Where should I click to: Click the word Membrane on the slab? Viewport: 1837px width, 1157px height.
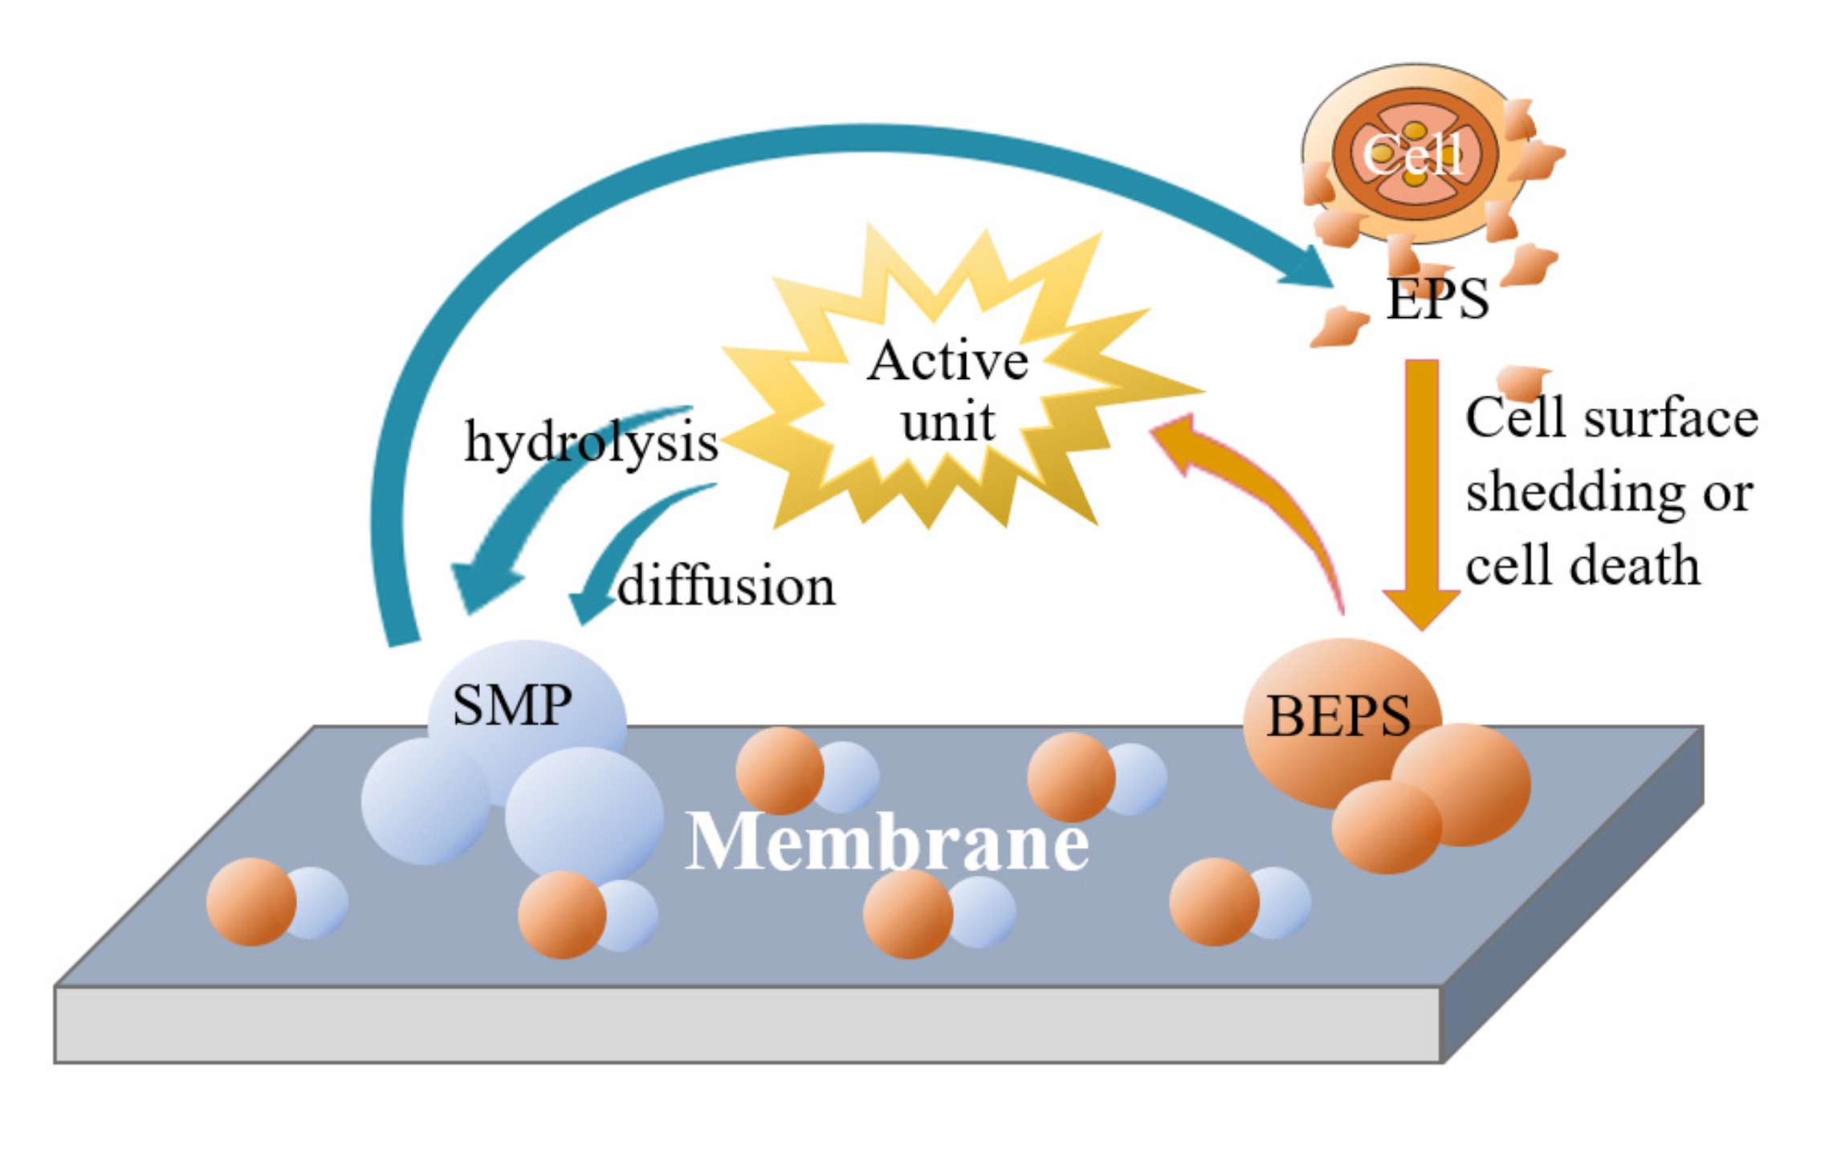[x=886, y=842]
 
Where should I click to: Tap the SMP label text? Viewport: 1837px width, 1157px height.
[x=512, y=705]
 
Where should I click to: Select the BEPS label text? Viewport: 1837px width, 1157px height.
[x=1338, y=715]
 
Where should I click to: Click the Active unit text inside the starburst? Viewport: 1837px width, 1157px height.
[x=947, y=391]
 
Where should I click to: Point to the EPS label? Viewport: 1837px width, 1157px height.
[x=1437, y=299]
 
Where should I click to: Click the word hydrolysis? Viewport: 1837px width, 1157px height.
[x=591, y=442]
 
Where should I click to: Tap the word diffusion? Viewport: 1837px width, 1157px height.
[x=727, y=585]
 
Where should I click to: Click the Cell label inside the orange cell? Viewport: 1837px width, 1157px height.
[x=1413, y=153]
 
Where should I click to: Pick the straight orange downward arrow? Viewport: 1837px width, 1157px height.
[x=1421, y=482]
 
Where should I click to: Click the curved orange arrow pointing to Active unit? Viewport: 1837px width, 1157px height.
[x=1252, y=482]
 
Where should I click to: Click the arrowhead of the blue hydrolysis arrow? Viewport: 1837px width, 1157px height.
[x=482, y=586]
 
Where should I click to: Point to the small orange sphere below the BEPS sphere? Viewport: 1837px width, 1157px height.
[x=1386, y=827]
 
